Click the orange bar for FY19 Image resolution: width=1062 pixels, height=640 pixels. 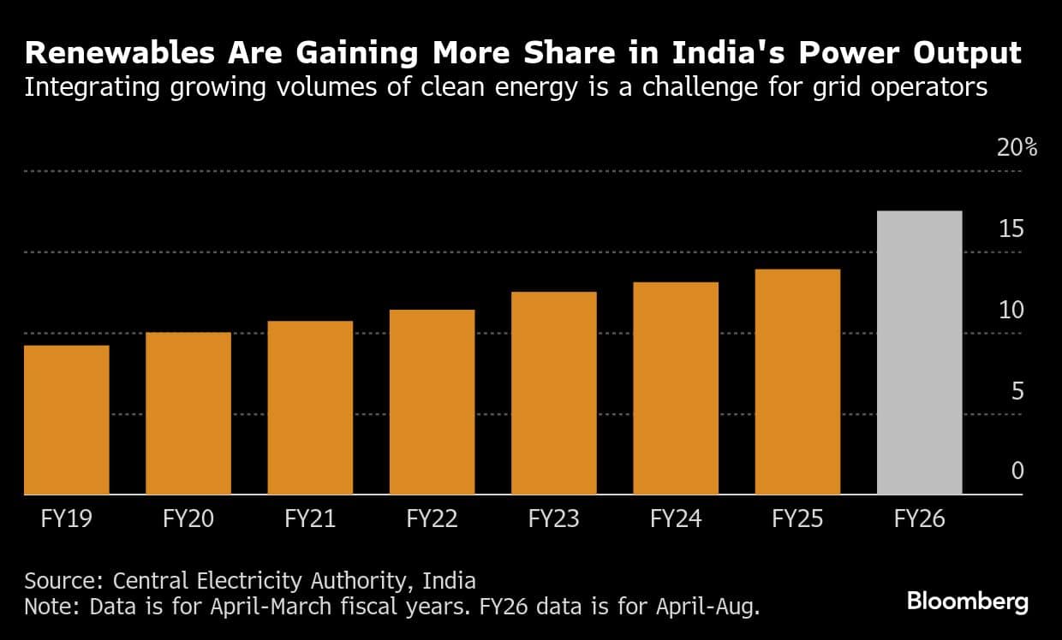click(67, 420)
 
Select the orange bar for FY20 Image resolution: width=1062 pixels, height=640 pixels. click(188, 413)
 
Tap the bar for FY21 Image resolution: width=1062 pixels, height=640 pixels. click(310, 408)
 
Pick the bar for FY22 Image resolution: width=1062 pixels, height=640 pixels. click(432, 402)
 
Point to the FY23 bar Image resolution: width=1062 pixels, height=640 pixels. click(554, 394)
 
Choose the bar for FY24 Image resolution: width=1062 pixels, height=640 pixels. click(676, 388)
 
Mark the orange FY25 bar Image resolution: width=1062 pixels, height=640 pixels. click(797, 382)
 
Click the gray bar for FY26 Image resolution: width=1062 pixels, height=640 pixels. click(920, 353)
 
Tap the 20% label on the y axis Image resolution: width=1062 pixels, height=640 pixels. click(1017, 148)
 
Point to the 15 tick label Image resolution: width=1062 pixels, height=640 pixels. click(1011, 229)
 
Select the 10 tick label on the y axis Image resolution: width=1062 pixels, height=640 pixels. click(1011, 310)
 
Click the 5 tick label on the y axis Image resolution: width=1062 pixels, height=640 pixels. click(1017, 391)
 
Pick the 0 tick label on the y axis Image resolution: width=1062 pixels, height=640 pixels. click(1017, 471)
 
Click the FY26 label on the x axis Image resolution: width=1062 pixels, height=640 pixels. click(920, 519)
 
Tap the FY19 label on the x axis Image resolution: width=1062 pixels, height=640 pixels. click(67, 519)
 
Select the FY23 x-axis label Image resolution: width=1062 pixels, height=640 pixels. click(554, 519)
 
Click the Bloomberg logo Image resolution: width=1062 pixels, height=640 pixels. click(968, 601)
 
